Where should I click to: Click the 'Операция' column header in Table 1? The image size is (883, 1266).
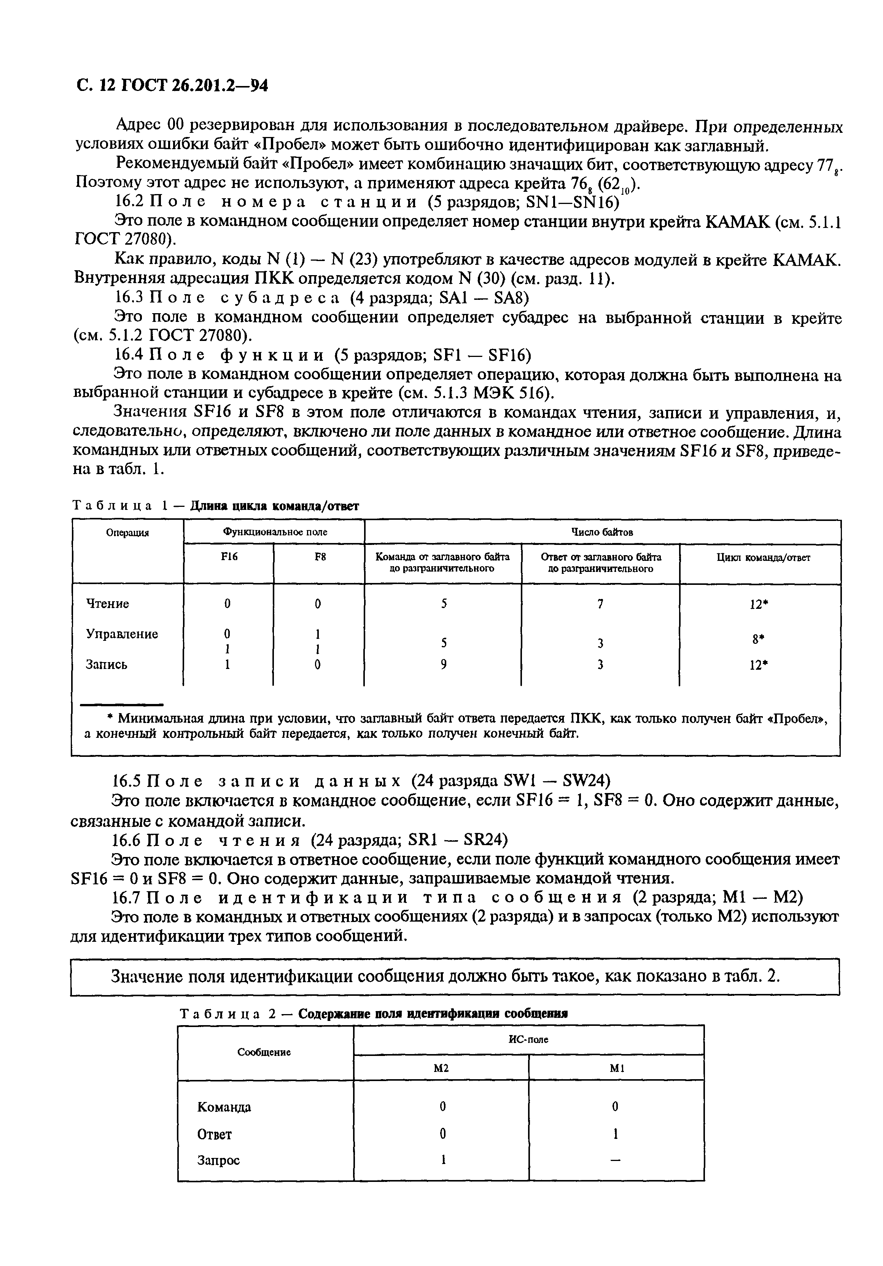point(127,533)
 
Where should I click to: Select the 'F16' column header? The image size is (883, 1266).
point(229,557)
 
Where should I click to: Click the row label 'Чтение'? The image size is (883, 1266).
point(108,604)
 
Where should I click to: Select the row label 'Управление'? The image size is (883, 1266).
point(122,634)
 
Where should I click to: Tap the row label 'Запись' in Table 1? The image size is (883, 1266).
point(107,664)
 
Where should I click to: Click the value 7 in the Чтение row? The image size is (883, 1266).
point(600,604)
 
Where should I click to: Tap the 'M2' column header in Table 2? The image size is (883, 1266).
point(441,1068)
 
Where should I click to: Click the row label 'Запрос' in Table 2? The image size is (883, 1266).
point(218,1160)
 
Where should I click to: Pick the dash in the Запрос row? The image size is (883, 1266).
point(616,1161)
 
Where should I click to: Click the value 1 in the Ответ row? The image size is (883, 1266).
point(616,1134)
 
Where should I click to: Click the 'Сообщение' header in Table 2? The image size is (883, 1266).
point(264,1052)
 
